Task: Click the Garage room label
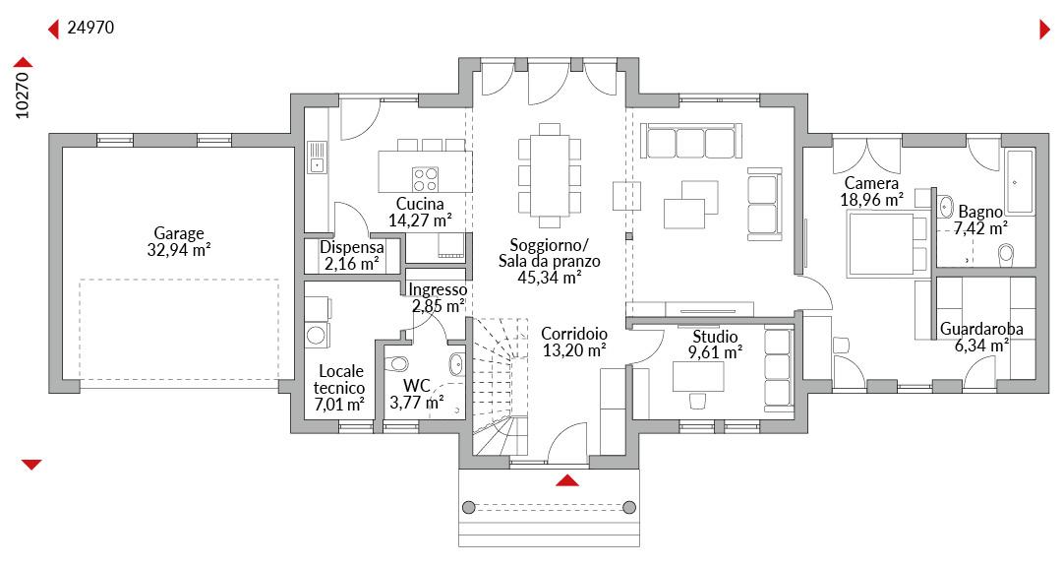tap(179, 233)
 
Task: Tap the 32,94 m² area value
tap(179, 250)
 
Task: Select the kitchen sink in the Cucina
tap(317, 157)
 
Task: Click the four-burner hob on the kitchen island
tap(426, 180)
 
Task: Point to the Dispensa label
tap(351, 247)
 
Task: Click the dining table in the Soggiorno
tap(550, 175)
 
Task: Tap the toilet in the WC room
tap(396, 364)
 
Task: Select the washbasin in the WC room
tap(456, 364)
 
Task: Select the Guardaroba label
tap(981, 330)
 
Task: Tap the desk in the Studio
tap(697, 376)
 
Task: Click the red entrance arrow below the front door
tap(567, 480)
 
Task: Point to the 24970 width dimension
tap(90, 28)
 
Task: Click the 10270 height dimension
tap(23, 95)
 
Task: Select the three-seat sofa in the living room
tap(690, 141)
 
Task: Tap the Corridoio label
tap(574, 334)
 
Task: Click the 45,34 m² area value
tap(550, 277)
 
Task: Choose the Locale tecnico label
tap(340, 380)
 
